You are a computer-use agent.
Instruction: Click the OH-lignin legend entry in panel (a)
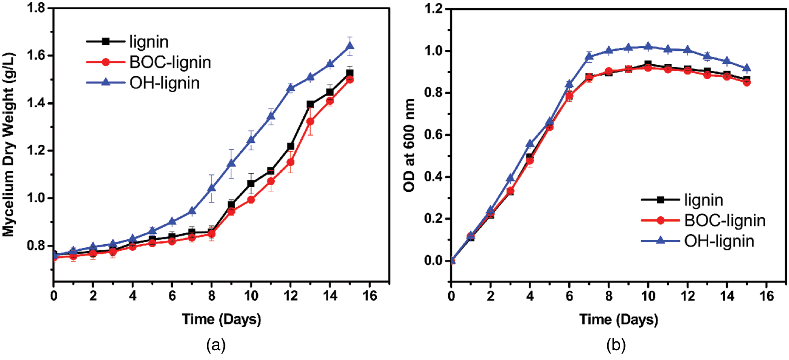click(164, 83)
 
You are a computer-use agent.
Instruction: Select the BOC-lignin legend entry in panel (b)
click(725, 220)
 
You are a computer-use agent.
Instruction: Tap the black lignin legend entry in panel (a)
click(148, 42)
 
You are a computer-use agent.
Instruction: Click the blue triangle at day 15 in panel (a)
click(350, 46)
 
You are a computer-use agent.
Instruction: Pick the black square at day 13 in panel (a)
click(310, 104)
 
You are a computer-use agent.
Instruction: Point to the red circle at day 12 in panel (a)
click(291, 162)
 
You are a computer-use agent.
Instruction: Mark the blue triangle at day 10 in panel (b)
click(648, 47)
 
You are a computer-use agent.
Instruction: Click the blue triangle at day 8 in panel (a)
click(212, 188)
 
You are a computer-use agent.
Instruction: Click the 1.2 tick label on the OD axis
click(434, 9)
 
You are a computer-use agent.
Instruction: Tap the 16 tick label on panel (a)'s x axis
click(369, 296)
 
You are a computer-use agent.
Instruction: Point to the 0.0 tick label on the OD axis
click(434, 261)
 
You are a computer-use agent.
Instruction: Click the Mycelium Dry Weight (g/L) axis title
click(9, 144)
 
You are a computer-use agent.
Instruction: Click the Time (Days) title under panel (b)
click(619, 320)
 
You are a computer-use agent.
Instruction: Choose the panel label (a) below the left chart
click(216, 345)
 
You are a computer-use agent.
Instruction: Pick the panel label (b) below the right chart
click(616, 345)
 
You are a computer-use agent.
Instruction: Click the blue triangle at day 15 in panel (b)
click(747, 68)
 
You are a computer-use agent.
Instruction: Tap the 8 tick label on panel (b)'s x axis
click(609, 296)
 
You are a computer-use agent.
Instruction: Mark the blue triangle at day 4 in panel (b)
click(530, 144)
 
